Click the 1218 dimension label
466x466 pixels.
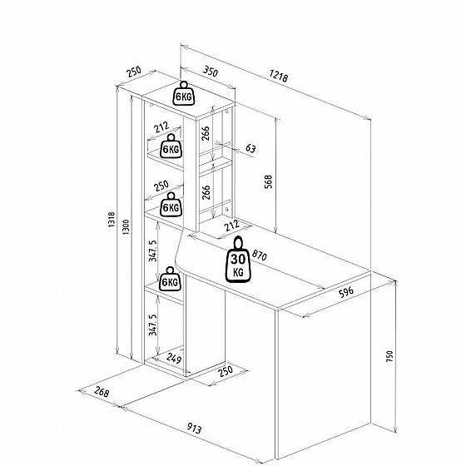279,76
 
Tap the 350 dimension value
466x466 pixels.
211,72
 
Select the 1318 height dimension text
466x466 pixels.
112,220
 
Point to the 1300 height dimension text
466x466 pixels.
126,227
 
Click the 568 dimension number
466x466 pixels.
268,181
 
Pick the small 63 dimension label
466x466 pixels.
250,148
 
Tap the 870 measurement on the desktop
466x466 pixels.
259,255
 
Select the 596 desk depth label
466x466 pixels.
346,292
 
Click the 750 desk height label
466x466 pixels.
389,356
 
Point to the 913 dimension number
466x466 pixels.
195,429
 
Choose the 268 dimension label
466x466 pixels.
102,392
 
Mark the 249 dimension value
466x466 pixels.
174,358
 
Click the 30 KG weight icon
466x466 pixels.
238,260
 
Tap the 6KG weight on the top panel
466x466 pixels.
184,93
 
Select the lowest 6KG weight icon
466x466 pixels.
171,279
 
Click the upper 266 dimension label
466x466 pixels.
206,133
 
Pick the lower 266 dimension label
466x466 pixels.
206,192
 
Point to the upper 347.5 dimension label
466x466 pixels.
153,250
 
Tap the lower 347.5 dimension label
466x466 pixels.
153,325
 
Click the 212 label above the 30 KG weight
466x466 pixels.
232,225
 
